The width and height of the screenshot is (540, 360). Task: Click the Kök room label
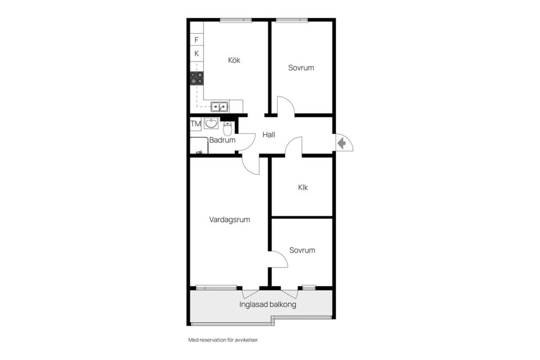coord(234,60)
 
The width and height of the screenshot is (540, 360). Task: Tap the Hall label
coord(269,134)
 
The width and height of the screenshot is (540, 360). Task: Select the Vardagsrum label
coord(229,219)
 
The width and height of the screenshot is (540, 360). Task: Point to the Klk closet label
coord(303,187)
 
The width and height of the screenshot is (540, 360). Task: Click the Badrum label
coord(222,140)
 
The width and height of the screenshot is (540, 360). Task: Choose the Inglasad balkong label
coord(268,304)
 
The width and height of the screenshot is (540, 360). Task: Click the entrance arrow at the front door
coord(341,143)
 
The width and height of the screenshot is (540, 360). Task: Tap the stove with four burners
coord(197,78)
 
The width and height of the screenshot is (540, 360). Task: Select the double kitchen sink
coord(220,107)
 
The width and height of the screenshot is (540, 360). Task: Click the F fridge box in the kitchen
coord(197,40)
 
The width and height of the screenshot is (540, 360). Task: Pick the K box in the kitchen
coord(197,53)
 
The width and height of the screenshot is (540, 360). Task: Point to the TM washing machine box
coord(196,124)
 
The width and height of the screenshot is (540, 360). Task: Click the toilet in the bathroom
coord(227,128)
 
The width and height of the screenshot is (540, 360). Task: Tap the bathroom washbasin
coord(211,123)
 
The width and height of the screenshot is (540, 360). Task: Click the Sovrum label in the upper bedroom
coord(301,67)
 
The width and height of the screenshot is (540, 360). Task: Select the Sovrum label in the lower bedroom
coord(302,250)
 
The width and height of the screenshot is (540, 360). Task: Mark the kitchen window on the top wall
coord(236,20)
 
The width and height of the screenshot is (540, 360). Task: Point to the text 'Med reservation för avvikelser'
coord(223,340)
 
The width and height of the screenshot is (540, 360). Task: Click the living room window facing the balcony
coord(216,287)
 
